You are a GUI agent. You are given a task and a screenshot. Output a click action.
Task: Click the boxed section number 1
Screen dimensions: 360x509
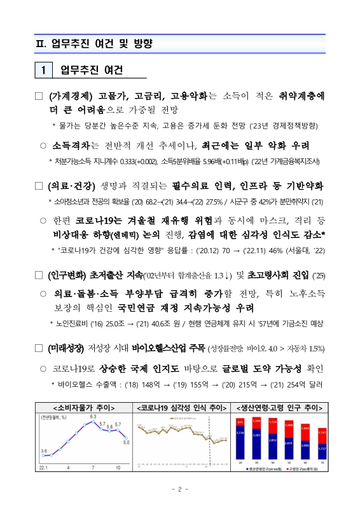[43, 70]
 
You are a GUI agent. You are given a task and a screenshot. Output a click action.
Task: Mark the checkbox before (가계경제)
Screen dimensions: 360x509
[38, 97]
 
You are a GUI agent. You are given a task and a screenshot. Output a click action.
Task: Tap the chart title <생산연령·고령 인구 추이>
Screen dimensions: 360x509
[278, 407]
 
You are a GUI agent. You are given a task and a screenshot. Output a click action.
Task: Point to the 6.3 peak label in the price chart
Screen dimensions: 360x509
[92, 416]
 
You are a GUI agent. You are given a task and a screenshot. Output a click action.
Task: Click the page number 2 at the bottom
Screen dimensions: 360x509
[180, 489]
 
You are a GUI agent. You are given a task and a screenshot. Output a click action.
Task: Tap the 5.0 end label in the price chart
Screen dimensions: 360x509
[126, 442]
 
